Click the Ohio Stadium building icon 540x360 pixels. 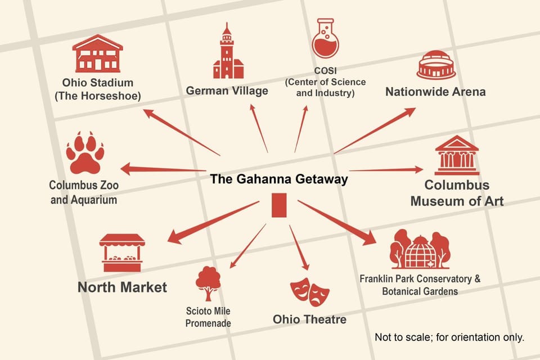(x=97, y=54)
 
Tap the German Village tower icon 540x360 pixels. (x=227, y=53)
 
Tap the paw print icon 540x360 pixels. (x=85, y=154)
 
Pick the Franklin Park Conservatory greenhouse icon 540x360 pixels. (x=420, y=250)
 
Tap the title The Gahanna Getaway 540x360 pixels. (x=279, y=179)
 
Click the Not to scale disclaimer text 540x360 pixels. (x=449, y=337)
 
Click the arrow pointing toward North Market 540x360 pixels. (x=213, y=223)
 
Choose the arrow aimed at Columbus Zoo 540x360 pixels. (x=163, y=168)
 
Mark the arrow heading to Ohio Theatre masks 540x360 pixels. (x=299, y=247)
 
